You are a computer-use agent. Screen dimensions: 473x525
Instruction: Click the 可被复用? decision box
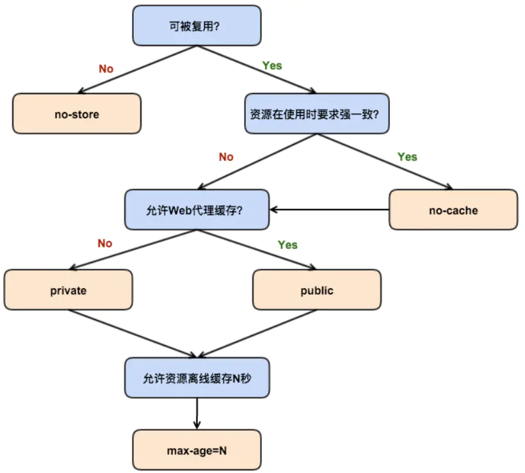[x=197, y=26]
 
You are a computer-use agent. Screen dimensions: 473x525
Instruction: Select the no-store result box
[x=77, y=114]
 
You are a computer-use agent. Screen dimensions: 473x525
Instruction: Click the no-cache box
[x=453, y=210]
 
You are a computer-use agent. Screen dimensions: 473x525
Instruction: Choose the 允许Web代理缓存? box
[x=197, y=210]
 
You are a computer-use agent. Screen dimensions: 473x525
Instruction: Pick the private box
[x=69, y=290]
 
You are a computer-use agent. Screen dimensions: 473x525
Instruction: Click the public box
[x=317, y=290]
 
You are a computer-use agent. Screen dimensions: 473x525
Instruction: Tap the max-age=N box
[x=197, y=450]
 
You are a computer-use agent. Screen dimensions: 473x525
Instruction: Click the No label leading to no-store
[x=106, y=68]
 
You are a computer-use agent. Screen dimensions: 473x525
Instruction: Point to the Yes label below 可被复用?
[x=272, y=65]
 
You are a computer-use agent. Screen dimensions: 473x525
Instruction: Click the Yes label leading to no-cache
[x=407, y=157]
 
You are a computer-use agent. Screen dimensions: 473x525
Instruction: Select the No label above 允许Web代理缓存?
[x=226, y=157]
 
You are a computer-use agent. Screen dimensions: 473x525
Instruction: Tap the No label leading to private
[x=104, y=243]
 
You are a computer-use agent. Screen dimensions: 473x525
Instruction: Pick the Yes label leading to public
[x=287, y=245]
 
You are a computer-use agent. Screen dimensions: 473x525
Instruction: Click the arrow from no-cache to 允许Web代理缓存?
[x=330, y=209]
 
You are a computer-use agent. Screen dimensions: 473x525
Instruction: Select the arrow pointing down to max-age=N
[x=197, y=413]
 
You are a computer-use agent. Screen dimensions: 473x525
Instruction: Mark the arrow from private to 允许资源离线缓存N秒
[x=131, y=333]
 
